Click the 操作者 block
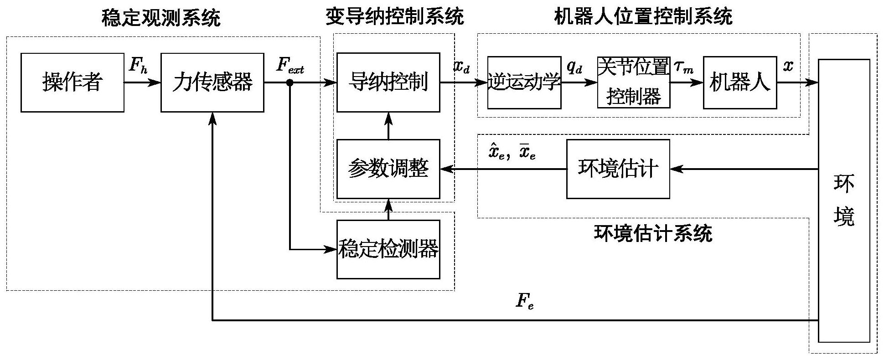[72, 82]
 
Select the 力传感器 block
[212, 82]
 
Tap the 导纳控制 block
[388, 82]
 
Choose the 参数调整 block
[388, 169]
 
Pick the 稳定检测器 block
[388, 249]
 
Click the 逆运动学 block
[524, 82]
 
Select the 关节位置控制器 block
[634, 82]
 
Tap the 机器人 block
[739, 82]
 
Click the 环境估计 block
[618, 169]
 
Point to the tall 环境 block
[844, 201]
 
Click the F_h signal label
[138, 65]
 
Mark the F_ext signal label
[290, 66]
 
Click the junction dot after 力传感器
[290, 82]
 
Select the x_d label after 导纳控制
[461, 67]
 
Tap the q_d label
[574, 67]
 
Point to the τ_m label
[683, 67]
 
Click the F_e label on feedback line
[524, 301]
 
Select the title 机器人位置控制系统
[643, 17]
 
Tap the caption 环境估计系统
[653, 234]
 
